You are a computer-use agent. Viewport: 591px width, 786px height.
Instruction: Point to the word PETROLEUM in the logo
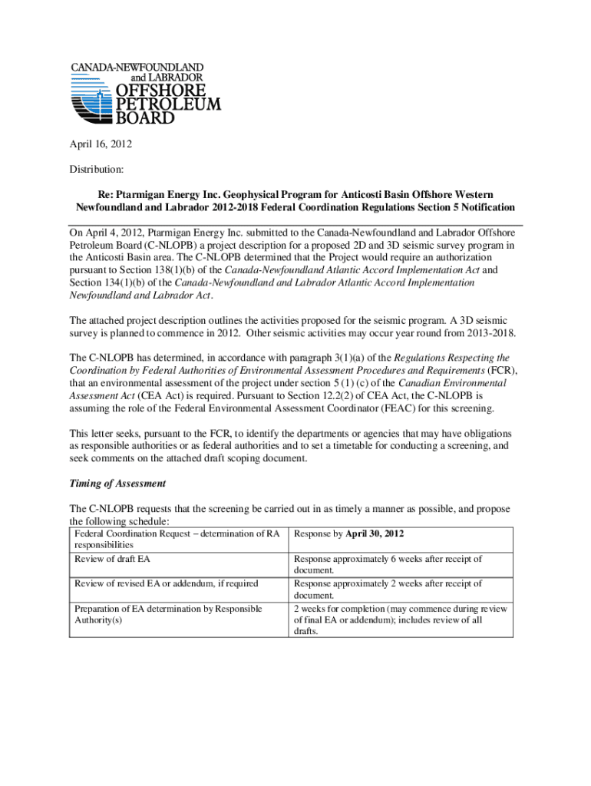pyautogui.click(x=167, y=104)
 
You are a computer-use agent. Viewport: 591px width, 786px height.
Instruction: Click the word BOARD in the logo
pyautogui.click(x=144, y=118)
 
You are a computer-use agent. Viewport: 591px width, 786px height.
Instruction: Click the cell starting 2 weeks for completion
pyautogui.click(x=400, y=609)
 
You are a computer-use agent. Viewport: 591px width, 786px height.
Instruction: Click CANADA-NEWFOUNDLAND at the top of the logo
pyautogui.click(x=137, y=67)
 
